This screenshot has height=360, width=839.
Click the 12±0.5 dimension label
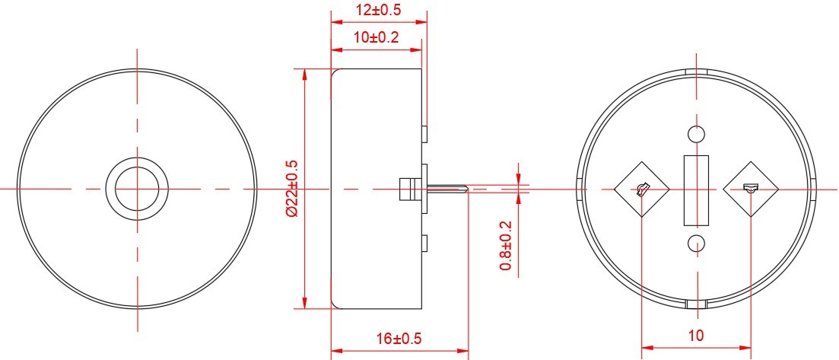point(378,10)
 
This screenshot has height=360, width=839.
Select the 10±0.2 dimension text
point(377,37)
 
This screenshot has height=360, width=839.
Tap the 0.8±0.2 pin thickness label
point(506,246)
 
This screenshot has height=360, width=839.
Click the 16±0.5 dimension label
point(399,339)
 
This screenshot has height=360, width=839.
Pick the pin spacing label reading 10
point(695,336)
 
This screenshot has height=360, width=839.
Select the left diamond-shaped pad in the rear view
point(641,189)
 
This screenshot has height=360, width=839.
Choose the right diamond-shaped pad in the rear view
point(751,189)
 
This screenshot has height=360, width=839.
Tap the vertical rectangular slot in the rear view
point(696,190)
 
